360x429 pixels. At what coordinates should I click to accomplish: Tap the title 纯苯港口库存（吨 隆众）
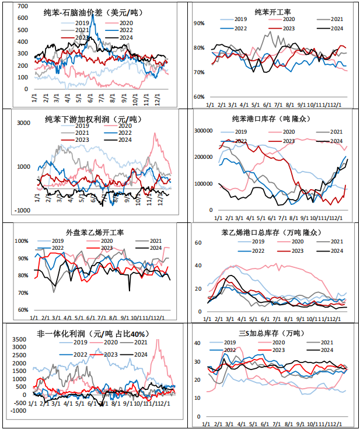272,118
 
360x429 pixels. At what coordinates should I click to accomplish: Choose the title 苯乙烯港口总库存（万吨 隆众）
272,233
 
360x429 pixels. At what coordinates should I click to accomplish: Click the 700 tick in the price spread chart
23,5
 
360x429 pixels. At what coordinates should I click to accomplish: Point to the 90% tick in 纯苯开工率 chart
200,24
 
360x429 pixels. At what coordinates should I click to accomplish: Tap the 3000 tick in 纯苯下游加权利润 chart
23,123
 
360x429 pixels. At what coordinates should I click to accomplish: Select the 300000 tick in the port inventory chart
200,131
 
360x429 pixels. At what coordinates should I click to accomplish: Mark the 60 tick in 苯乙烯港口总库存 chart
198,242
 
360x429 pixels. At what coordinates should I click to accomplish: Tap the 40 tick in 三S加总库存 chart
197,343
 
